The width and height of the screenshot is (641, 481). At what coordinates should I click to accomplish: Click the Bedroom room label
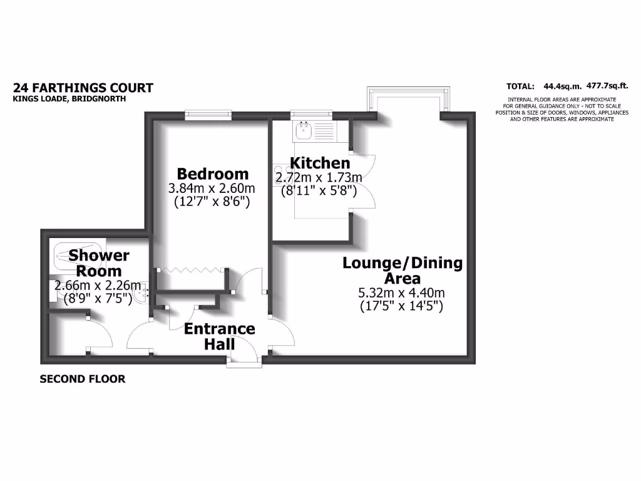tap(213, 173)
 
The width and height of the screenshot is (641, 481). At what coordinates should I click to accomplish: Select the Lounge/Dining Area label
tap(402, 270)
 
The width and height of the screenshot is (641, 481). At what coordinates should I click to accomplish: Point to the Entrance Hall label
tap(219, 336)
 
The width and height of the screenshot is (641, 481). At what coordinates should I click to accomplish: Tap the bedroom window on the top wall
tap(208, 115)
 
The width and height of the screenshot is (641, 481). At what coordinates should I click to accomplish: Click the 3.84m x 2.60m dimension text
tap(212, 189)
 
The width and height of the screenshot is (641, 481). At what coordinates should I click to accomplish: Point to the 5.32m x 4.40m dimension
tap(402, 292)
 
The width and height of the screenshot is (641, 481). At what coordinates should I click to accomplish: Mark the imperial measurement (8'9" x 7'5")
tap(98, 299)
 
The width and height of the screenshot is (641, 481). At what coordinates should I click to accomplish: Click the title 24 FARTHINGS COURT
tap(83, 88)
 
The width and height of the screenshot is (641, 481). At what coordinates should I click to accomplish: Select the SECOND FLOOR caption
tap(83, 379)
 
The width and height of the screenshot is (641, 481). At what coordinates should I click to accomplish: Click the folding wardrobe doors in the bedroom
tap(190, 269)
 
